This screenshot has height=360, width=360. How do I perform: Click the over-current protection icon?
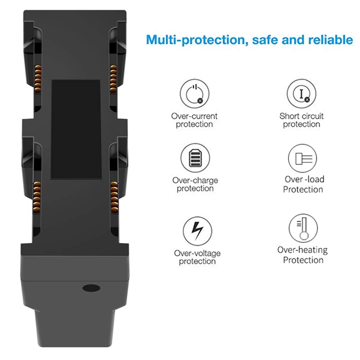195,94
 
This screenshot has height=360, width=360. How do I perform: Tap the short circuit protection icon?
302,93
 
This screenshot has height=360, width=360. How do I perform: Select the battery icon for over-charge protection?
195,158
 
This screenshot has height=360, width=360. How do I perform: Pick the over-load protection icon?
302,158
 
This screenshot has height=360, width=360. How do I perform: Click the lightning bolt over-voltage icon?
197,231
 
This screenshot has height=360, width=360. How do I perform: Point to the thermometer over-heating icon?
303,228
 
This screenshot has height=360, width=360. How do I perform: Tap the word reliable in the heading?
331,40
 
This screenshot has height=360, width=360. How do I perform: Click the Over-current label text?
194,116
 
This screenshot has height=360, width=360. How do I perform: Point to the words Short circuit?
302,116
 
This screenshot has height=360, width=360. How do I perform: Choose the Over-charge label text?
195,180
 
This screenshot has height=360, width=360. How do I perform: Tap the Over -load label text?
304,179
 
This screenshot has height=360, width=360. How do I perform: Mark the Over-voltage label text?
197,253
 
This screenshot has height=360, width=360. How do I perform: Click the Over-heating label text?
302,250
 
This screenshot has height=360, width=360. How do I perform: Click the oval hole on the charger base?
91,288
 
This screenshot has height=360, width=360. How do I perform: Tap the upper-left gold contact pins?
38,78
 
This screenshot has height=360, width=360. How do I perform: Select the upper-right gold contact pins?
113,78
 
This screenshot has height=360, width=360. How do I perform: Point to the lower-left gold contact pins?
37,196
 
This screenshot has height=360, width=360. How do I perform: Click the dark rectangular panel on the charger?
76,129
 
